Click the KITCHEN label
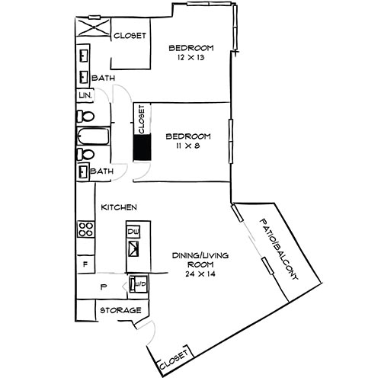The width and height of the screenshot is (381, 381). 120,207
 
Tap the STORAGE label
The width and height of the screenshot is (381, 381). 120,311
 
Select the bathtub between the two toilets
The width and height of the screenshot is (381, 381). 92,138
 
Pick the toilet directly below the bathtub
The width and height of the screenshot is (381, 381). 86,155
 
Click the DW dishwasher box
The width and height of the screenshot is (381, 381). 134,232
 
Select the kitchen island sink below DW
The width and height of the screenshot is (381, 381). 135,248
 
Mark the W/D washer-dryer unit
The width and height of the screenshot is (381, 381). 139,284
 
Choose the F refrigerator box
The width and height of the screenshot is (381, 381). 85,263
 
